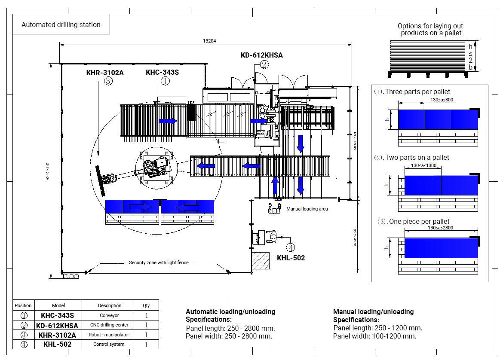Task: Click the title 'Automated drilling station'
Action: pos(61,25)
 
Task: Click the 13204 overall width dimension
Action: pos(209,41)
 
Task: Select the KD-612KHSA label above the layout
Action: pos(261,55)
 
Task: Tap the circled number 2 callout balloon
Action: pos(264,64)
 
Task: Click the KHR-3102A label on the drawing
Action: pos(105,73)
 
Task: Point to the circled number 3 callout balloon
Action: pos(108,81)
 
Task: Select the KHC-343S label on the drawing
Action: pos(162,72)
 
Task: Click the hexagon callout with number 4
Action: pos(291,247)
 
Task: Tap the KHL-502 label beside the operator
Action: pos(291,258)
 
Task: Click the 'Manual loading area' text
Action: pos(307,209)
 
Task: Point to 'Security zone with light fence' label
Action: pos(159,262)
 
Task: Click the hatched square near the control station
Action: pos(261,260)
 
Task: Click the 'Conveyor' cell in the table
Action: pos(109,315)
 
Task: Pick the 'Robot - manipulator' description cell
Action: pos(109,335)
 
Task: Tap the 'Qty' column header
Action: pos(146,305)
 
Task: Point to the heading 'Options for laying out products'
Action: pos(430,29)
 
